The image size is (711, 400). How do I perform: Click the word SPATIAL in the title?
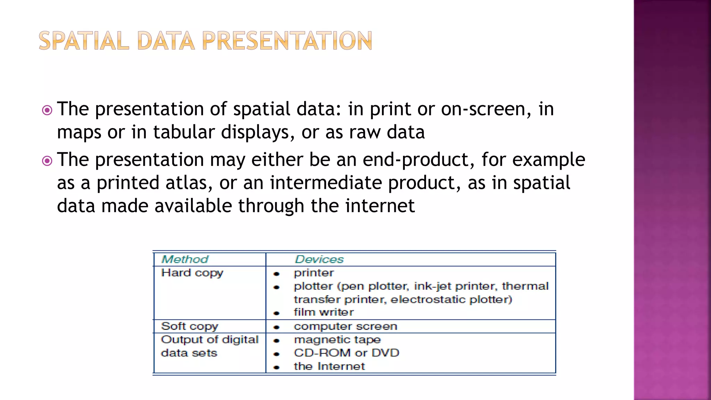84,41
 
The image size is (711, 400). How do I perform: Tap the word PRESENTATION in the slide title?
287,41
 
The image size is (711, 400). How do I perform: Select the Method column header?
185,259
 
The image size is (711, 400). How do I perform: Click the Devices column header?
319,259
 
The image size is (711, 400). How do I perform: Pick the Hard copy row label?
192,273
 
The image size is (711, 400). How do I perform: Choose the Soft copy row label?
190,326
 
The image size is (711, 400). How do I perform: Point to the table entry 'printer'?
314,273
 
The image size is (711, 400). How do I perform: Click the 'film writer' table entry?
324,312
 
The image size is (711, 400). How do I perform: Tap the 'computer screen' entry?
345,326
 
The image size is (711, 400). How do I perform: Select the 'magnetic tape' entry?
337,340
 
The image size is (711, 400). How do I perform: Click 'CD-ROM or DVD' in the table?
346,353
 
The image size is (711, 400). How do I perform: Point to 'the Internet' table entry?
329,366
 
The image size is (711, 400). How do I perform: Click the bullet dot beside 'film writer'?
276,313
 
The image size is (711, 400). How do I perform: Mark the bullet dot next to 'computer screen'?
276,327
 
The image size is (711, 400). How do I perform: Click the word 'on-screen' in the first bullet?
486,109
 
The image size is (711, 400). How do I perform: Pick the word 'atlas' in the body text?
189,183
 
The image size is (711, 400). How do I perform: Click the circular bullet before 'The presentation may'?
47,161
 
